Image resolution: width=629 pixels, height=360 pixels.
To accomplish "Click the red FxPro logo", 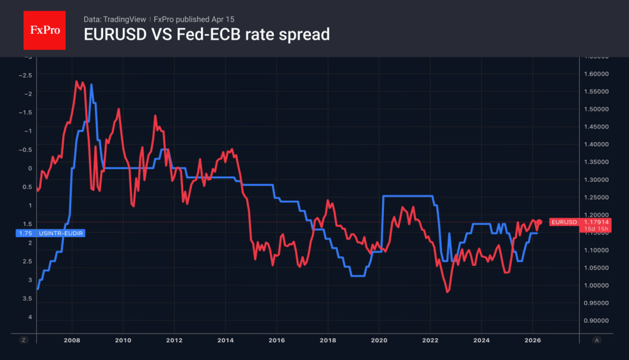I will click(x=44, y=29).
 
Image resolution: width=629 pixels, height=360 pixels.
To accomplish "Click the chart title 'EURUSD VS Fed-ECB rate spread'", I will click(x=206, y=35).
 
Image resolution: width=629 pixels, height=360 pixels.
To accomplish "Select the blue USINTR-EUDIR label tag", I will click(x=49, y=233).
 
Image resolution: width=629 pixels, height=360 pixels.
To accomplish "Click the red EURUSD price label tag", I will click(x=580, y=222).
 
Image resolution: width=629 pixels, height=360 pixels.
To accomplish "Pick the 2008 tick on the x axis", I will click(x=72, y=340).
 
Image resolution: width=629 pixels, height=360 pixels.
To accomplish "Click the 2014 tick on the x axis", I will click(x=225, y=340).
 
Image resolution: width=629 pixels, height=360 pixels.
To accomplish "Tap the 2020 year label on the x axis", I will click(x=379, y=340).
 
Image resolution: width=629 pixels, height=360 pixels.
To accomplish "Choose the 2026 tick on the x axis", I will click(x=533, y=340).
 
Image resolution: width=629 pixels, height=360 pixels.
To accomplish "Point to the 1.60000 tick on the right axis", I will click(x=595, y=74).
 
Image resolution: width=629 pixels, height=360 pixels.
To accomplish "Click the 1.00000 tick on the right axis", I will click(x=595, y=285).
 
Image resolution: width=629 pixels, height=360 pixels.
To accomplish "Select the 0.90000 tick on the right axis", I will click(x=595, y=321).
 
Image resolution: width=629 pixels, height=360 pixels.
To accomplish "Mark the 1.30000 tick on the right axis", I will click(x=595, y=179).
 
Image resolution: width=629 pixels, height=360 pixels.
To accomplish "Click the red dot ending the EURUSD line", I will click(x=539, y=222).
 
